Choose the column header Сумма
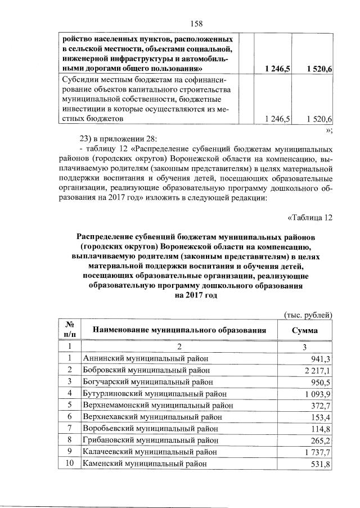(304, 330)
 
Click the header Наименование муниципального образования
(178, 330)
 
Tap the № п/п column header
(70, 330)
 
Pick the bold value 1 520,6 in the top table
(319, 69)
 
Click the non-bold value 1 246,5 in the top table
(277, 119)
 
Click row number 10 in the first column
(70, 464)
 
